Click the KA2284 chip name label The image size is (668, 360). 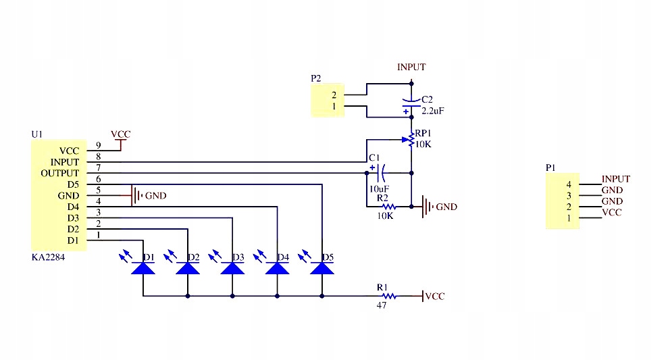(x=48, y=257)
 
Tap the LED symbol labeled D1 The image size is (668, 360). (x=143, y=268)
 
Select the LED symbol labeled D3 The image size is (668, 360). (x=232, y=268)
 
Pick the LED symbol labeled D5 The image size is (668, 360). (x=322, y=268)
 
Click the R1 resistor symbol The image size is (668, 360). (x=388, y=296)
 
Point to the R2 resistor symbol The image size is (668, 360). (x=388, y=207)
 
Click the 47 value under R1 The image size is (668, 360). (x=382, y=305)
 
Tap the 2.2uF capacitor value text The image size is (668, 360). (x=433, y=111)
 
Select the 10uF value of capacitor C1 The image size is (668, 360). (x=379, y=188)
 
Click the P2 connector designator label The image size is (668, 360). (x=315, y=78)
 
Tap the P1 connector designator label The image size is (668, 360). (x=550, y=168)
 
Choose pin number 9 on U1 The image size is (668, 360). (x=99, y=145)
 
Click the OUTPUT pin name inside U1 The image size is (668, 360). (x=60, y=174)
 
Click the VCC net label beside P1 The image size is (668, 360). (x=612, y=212)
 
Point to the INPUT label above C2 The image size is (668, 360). (x=411, y=67)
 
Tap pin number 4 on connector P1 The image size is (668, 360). (x=569, y=184)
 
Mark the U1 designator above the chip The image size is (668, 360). (x=37, y=134)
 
